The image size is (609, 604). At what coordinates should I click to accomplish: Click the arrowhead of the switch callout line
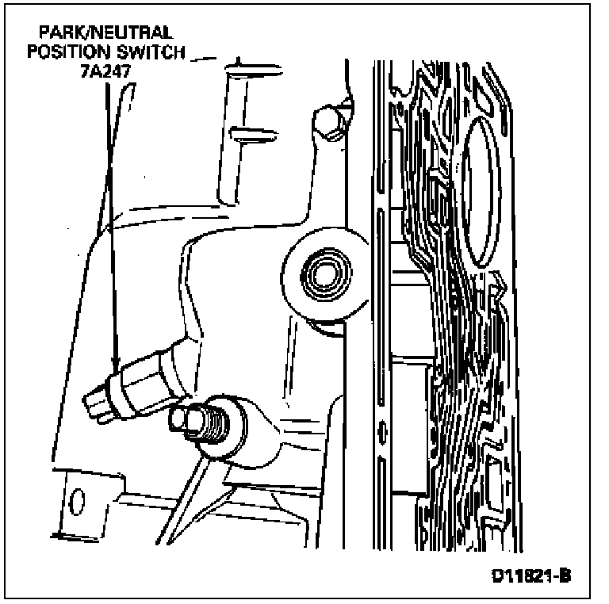click(x=116, y=366)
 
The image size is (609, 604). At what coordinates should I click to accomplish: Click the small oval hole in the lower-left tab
click(x=78, y=501)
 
